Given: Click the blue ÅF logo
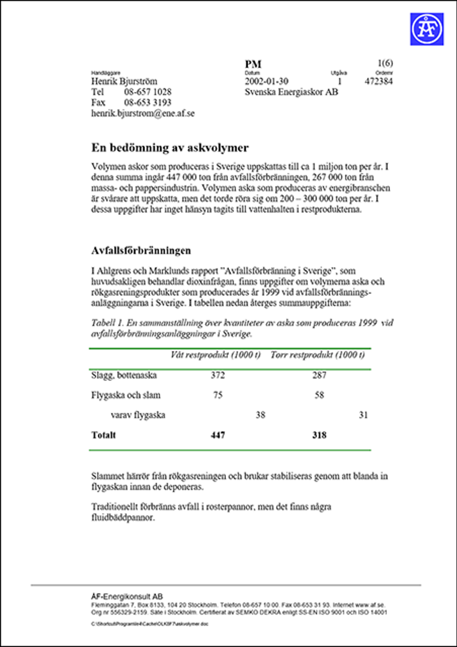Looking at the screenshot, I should (427, 29).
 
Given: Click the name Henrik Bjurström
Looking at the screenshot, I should (124, 81).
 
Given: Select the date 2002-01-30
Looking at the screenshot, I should (266, 81).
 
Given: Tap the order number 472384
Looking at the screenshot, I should (378, 81).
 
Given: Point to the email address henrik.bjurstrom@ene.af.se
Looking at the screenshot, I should (143, 113).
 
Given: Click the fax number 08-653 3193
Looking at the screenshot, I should (147, 102).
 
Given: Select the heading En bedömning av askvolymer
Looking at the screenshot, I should (170, 148).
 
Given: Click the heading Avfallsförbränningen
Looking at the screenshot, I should (141, 250).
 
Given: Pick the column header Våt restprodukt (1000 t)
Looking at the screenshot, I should (215, 355).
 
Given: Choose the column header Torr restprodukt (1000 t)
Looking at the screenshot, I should (317, 355).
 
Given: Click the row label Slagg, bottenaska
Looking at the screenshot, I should (124, 375).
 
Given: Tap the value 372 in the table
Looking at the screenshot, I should (218, 375).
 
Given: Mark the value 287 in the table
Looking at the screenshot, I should (319, 375).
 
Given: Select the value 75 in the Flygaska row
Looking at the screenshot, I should (218, 395).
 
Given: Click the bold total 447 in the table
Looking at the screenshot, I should (218, 435).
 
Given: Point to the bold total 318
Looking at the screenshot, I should (319, 435).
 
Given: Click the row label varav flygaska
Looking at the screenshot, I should (138, 415).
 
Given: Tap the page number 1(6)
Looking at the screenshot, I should (385, 63).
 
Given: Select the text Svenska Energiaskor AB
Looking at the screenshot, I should (291, 92).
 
